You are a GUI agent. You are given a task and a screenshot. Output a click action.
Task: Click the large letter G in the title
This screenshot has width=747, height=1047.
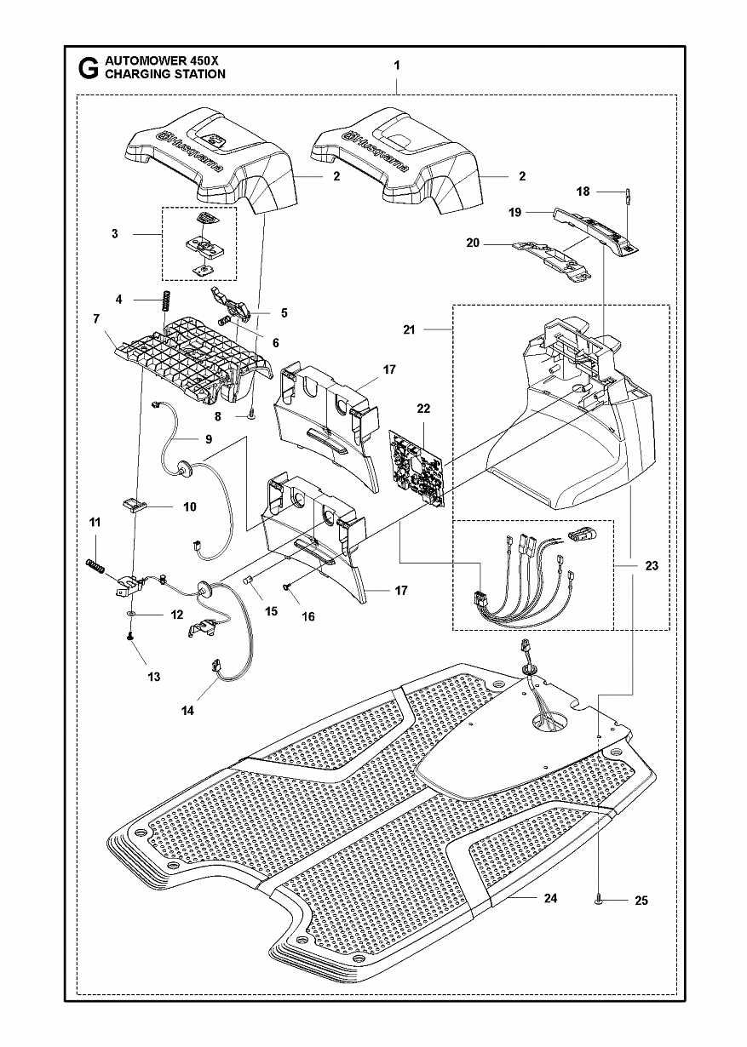[x=87, y=68]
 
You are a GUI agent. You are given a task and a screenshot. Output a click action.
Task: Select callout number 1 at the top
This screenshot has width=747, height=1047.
[x=397, y=65]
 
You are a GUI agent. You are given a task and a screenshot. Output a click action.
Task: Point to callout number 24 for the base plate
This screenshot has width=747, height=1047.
[x=550, y=899]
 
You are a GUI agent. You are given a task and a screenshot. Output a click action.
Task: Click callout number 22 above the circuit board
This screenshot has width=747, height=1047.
[x=423, y=409]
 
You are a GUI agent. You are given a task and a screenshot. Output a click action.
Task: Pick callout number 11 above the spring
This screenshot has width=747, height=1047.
[x=95, y=522]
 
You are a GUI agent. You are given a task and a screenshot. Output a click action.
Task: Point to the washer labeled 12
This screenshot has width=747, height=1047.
[x=130, y=613]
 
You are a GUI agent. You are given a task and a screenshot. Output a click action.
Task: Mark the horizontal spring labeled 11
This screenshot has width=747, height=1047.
[x=97, y=565]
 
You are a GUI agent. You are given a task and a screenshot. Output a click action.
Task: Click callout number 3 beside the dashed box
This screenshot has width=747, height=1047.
[x=115, y=234]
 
